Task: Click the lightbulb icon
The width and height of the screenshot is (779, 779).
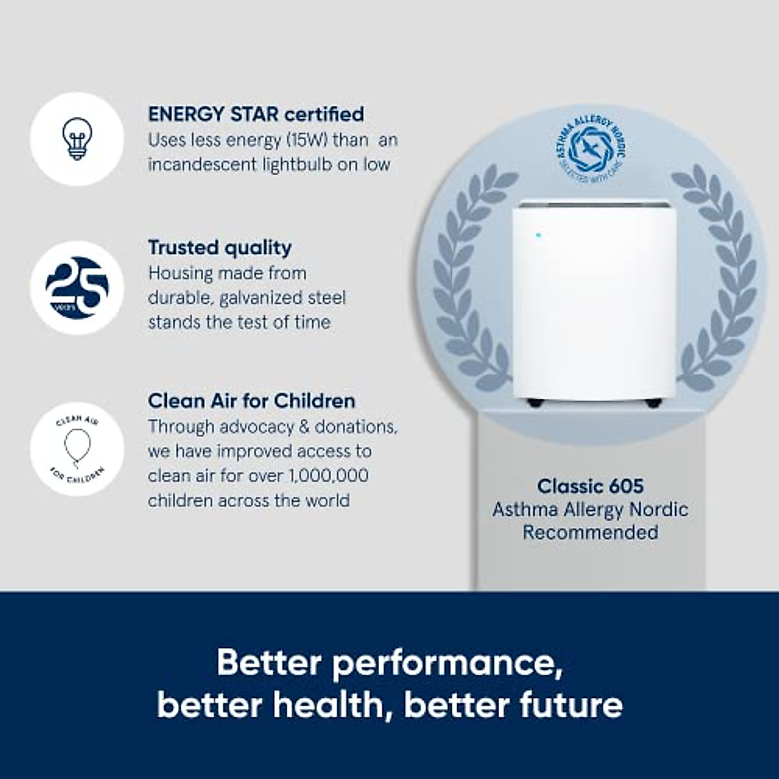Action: tap(77, 139)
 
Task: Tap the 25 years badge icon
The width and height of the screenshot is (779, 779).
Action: tap(77, 288)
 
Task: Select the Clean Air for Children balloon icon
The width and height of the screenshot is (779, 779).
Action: tap(77, 449)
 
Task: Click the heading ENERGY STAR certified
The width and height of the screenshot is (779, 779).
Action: tap(256, 114)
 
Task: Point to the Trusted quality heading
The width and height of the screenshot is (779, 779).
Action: tap(220, 247)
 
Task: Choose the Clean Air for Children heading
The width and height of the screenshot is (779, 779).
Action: tap(251, 401)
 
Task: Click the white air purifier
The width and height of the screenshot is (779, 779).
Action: tap(593, 302)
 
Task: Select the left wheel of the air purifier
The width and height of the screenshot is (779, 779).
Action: tap(536, 403)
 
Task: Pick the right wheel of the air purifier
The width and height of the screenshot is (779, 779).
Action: tap(652, 403)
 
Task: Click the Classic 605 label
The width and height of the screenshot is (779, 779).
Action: tap(590, 486)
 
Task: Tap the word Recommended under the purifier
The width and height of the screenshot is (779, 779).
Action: tap(590, 532)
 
